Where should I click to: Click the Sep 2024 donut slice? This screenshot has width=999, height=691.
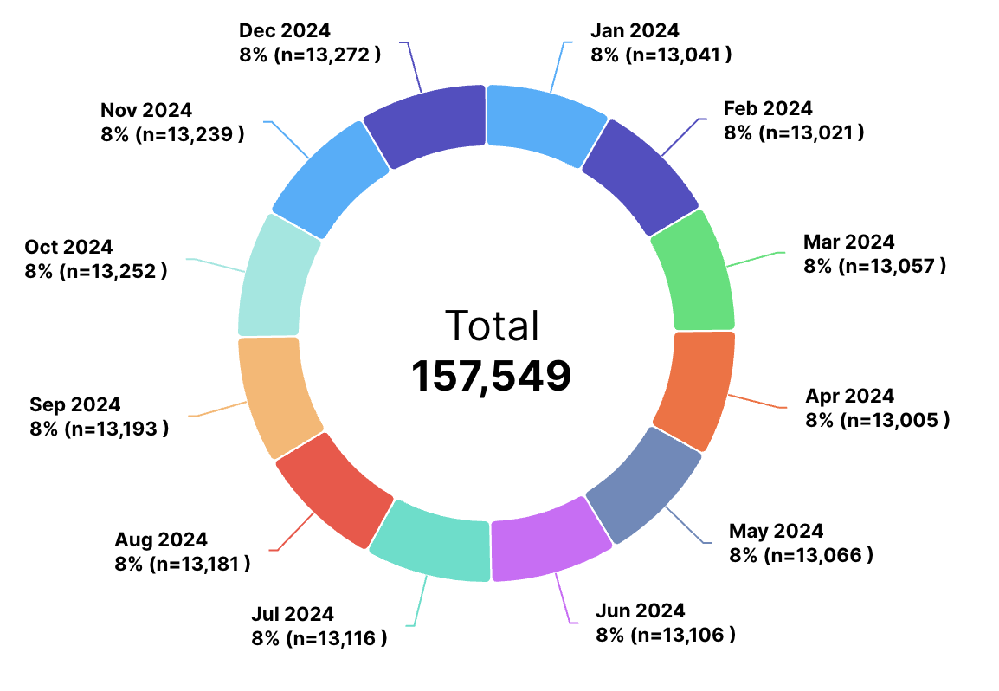[276, 395]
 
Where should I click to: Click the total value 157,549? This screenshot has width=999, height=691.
[490, 377]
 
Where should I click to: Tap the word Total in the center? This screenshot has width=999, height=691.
[492, 326]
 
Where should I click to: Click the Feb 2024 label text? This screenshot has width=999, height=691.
[768, 109]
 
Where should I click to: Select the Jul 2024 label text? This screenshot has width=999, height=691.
[293, 615]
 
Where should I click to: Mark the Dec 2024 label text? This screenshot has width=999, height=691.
[284, 30]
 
